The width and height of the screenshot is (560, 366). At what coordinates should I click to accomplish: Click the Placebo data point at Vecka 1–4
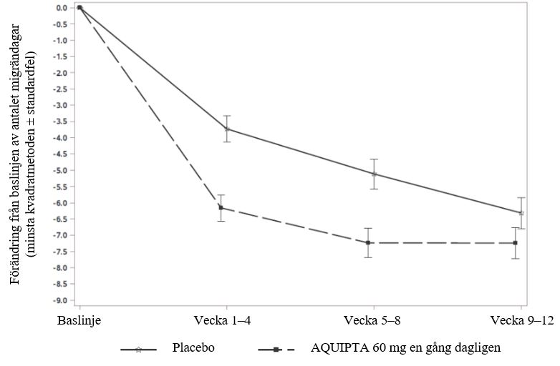(227, 129)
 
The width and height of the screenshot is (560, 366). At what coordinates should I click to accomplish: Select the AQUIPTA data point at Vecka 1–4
(221, 208)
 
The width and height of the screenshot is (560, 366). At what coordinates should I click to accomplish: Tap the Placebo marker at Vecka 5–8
(374, 174)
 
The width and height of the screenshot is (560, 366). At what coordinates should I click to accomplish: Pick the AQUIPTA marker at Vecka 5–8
(368, 242)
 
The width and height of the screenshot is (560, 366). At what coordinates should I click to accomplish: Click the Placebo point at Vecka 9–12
(521, 213)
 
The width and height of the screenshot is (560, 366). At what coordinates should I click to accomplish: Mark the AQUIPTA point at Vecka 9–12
(516, 243)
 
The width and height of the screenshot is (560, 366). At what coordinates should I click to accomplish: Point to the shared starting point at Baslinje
(79, 7)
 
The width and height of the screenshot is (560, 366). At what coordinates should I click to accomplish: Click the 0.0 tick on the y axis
(62, 8)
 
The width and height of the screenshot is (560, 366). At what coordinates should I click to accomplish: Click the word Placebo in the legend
(193, 348)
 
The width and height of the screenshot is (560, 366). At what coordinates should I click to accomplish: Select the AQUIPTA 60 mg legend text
(405, 348)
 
